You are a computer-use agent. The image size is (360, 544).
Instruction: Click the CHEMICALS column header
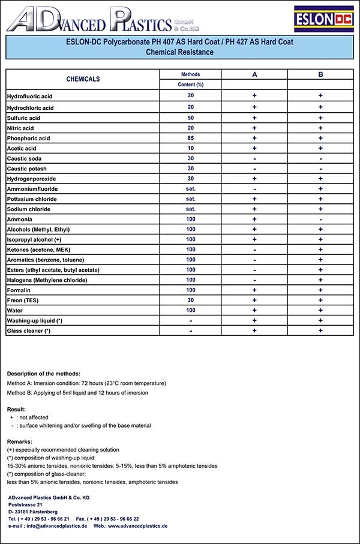(x=83, y=79)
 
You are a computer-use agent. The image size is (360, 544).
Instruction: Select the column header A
(x=254, y=74)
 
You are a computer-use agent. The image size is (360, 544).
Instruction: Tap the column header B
(x=321, y=74)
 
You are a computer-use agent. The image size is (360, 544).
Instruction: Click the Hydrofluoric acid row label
(x=30, y=97)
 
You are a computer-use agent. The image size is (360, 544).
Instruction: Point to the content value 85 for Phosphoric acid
(x=190, y=138)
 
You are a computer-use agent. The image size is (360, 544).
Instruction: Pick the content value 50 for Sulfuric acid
(x=190, y=118)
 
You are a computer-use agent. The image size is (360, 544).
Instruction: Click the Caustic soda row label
(x=24, y=158)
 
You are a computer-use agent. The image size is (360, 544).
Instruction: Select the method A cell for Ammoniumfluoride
(x=254, y=189)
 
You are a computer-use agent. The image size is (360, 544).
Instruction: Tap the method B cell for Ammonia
(x=321, y=220)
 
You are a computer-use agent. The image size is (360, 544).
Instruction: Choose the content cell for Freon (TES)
(x=190, y=300)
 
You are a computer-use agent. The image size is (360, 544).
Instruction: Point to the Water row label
(x=14, y=311)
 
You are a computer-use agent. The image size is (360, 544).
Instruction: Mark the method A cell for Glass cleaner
(x=254, y=330)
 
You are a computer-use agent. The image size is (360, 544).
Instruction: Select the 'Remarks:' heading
(x=20, y=441)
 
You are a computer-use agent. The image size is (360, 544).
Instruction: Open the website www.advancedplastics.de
(x=137, y=525)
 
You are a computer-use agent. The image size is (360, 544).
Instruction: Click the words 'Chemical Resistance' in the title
(x=179, y=52)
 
